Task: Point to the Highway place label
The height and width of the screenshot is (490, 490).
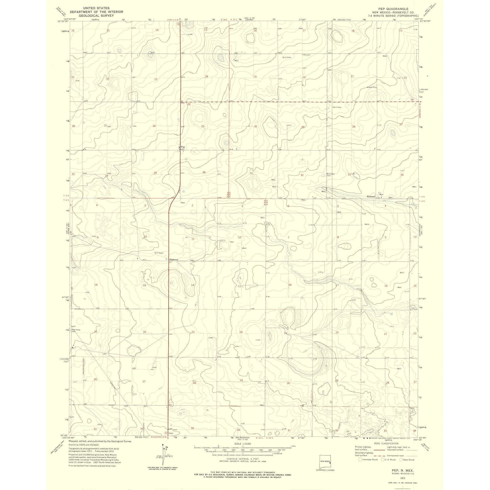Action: tap(174, 259)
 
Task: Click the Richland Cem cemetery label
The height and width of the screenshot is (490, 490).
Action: tap(331, 174)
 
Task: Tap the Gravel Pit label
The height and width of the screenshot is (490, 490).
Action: tap(371, 87)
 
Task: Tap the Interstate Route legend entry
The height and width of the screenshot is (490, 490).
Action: tap(368, 460)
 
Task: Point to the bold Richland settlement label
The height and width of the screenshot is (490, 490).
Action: tap(371, 197)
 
